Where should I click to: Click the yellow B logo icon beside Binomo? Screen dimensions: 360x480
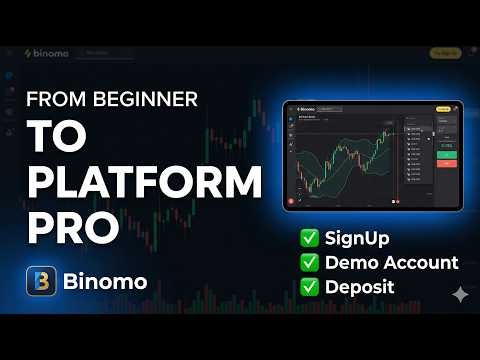pos(41,281)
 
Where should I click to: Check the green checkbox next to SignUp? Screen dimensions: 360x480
pos(310,240)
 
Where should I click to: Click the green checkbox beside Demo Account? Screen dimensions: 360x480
pos(310,263)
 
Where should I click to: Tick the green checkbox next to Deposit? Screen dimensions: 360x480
pos(310,287)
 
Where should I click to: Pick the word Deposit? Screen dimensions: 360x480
pos(359,287)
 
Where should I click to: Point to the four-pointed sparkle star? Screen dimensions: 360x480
pos(460,294)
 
